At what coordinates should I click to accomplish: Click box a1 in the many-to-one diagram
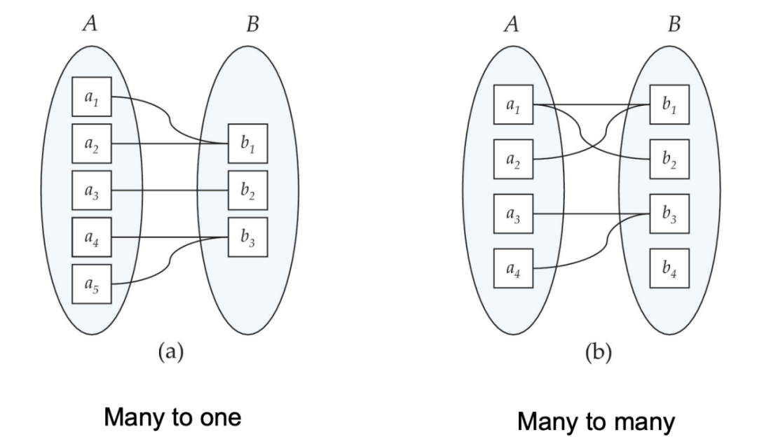(92, 97)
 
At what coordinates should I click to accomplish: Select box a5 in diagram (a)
(92, 284)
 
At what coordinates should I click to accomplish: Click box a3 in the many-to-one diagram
(92, 190)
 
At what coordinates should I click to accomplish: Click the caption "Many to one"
(173, 417)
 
